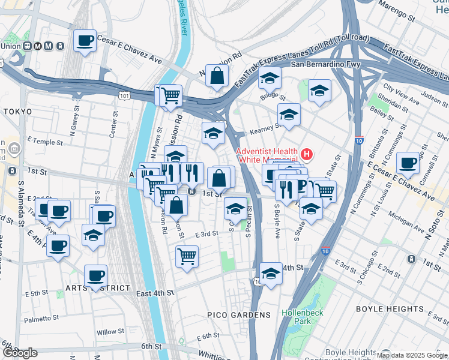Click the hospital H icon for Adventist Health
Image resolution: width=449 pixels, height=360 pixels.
coord(307,154)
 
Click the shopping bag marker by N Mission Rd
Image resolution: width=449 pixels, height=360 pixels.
coord(217,77)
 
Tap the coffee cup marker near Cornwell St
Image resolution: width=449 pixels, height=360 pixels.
coord(408,163)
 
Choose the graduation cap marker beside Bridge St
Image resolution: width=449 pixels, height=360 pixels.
coord(270,79)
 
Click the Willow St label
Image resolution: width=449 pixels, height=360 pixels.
coord(110,331)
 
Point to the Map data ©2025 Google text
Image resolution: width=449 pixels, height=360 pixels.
coord(412,355)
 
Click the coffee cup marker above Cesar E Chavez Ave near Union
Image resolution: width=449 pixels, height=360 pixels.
coord(85,41)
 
